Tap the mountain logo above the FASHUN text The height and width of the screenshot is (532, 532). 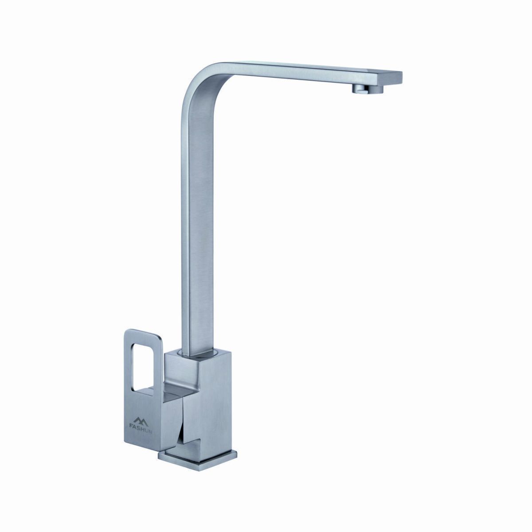click(x=141, y=427)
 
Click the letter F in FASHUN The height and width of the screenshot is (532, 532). click(x=131, y=433)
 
